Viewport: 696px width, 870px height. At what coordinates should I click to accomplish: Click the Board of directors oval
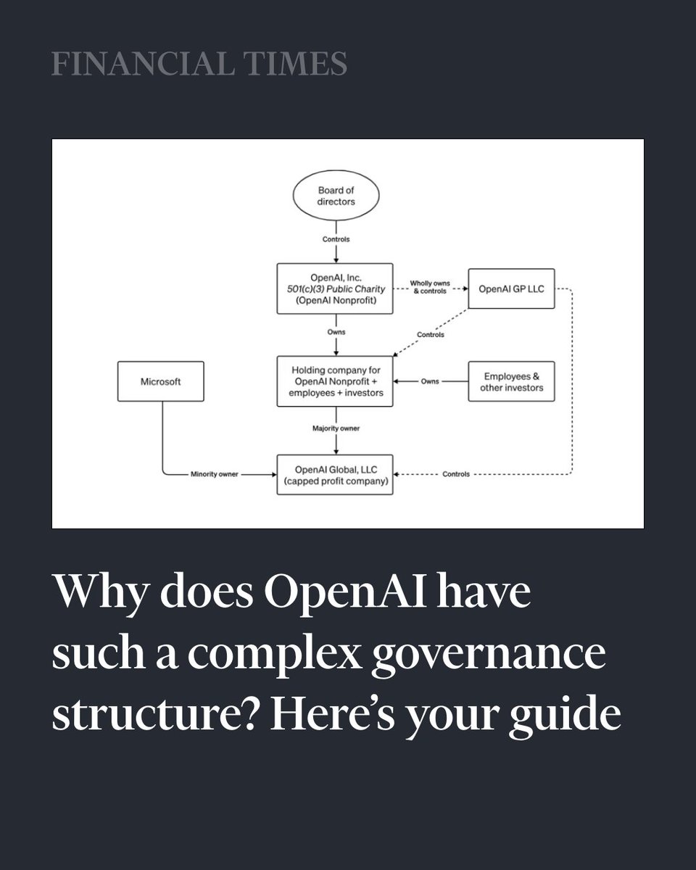pos(336,196)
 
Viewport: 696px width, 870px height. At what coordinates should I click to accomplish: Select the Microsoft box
pos(161,381)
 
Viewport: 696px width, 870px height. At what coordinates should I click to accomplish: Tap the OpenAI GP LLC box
pos(511,288)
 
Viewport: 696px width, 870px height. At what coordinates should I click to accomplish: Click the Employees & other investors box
pos(511,381)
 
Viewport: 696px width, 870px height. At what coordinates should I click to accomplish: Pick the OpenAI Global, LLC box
pos(335,474)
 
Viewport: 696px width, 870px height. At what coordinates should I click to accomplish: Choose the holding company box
pos(335,381)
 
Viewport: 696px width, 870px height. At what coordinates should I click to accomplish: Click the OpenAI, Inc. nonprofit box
pos(335,289)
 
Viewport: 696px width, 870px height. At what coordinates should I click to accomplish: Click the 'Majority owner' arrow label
pos(336,429)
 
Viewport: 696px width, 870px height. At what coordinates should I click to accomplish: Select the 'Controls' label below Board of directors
pos(336,238)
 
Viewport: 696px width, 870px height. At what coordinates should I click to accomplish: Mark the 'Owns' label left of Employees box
pos(430,381)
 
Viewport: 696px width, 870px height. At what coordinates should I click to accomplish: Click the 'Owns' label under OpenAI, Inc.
pos(336,332)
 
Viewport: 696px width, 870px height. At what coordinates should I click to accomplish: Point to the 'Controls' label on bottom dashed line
pos(455,474)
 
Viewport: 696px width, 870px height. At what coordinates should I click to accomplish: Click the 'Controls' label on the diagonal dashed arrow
pos(431,335)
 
